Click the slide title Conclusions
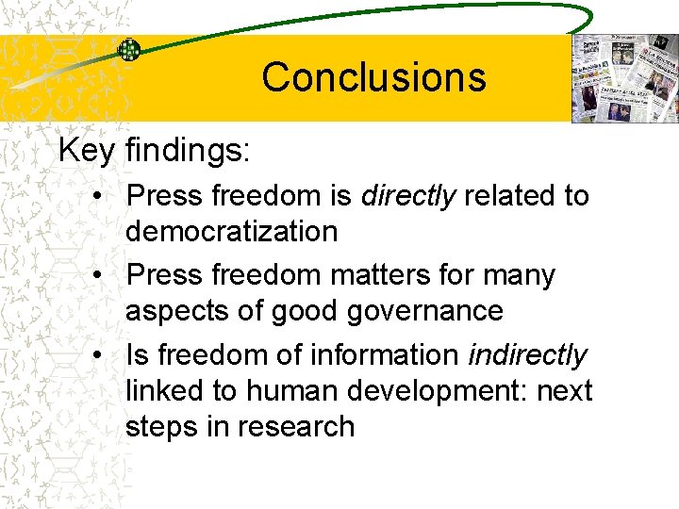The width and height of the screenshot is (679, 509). point(373,77)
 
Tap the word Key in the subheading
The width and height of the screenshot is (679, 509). point(87,151)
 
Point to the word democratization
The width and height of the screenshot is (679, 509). point(231,231)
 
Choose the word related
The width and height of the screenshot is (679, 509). point(510,196)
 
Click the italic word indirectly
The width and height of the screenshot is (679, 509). point(527,355)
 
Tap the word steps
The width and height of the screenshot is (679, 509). point(166,426)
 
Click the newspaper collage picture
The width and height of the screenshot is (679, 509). point(624,79)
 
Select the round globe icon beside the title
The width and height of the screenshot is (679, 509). point(128,50)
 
